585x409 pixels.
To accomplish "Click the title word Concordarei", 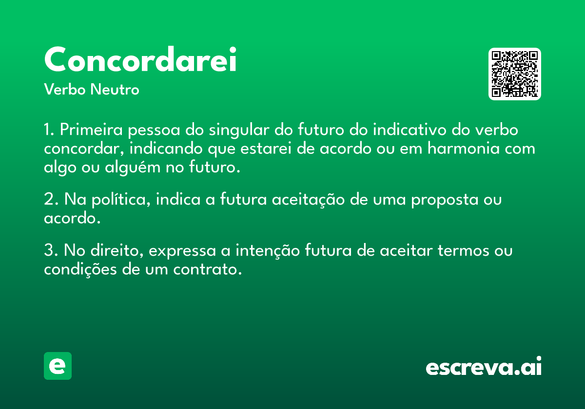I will click(x=140, y=60).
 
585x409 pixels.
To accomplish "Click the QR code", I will click(x=515, y=74).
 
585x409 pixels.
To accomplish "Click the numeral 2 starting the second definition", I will click(x=48, y=200).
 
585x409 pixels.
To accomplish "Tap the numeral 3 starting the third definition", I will click(x=48, y=251).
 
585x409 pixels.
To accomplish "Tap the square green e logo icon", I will click(x=58, y=366).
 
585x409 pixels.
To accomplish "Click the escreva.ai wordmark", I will click(x=484, y=367).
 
